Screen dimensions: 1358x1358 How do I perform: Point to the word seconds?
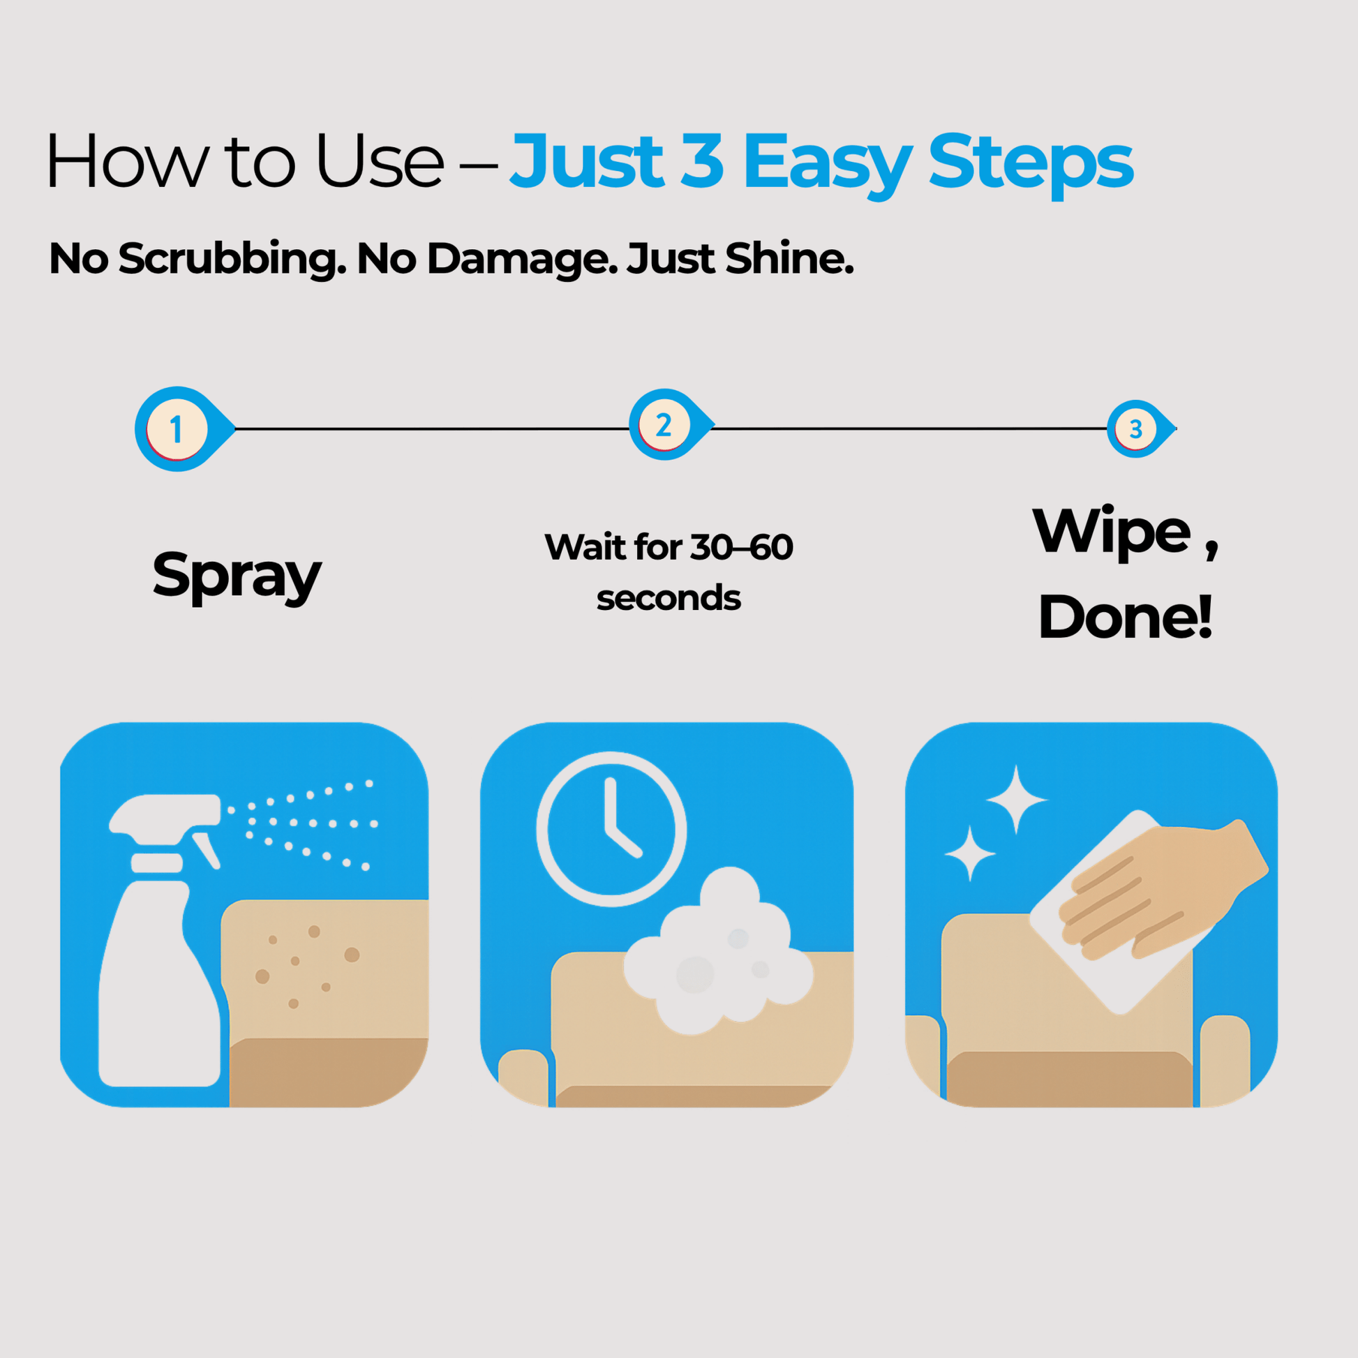669,598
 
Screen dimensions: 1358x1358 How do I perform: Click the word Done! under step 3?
1126,616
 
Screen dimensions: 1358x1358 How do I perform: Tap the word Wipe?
1112,532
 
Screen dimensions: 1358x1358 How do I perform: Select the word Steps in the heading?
1031,163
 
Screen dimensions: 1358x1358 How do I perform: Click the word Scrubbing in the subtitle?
232,260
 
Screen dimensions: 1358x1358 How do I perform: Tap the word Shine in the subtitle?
789,258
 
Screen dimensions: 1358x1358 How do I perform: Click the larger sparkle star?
1016,799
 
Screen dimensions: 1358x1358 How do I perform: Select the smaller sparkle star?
970,853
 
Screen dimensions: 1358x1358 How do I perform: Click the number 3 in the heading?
702,162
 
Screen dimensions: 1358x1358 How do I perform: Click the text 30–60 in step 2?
742,548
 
